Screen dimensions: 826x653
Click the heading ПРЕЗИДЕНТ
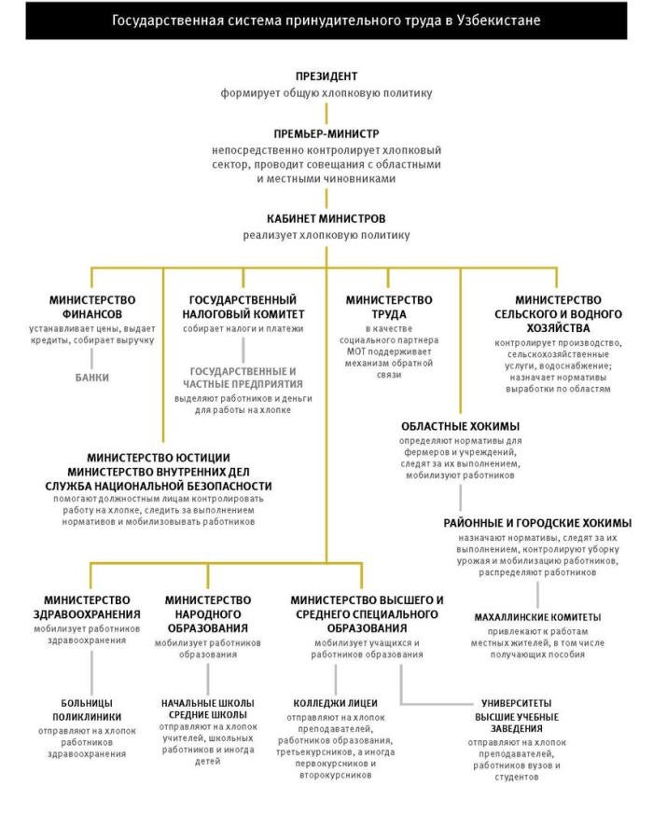tap(326, 76)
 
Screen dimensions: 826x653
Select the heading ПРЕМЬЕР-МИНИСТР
tap(326, 132)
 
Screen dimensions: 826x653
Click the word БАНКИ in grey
tap(92, 378)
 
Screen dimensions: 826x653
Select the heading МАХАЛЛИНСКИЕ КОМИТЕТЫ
tap(537, 617)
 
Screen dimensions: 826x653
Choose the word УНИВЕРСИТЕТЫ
tap(515, 702)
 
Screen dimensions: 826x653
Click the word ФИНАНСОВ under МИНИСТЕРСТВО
tap(92, 314)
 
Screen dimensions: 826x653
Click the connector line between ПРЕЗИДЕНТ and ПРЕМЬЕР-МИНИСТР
tap(326, 110)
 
